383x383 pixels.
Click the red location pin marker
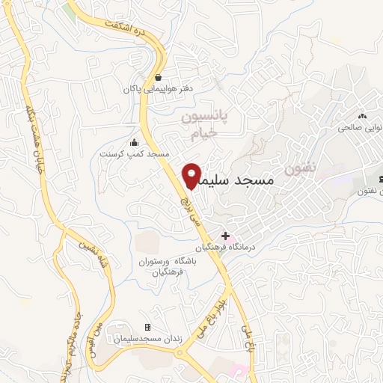coord(192,177)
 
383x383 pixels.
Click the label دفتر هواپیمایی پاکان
coord(158,89)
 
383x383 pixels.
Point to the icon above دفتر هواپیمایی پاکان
coord(158,77)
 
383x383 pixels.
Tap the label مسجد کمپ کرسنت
coord(135,154)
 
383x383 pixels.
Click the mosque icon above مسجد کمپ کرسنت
coord(134,143)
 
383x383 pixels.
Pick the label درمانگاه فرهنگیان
coord(225,247)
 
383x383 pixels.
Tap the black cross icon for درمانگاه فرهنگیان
coord(225,236)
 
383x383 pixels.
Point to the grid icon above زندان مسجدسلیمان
coord(147,327)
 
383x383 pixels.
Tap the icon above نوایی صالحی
coord(362,116)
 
